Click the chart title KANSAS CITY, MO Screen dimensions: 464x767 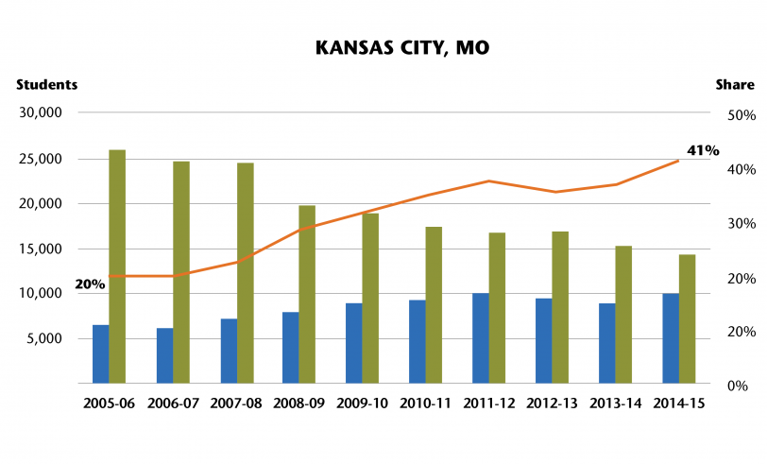click(383, 47)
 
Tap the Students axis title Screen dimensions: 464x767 click(46, 84)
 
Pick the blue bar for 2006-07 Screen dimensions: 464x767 click(164, 355)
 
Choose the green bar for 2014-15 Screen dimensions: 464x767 click(687, 318)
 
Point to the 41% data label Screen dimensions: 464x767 click(703, 149)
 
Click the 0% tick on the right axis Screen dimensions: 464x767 click(743, 386)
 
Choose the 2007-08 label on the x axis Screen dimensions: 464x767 click(236, 403)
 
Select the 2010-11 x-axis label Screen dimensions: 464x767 click(426, 403)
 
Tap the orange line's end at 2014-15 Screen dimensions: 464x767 click(678, 161)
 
